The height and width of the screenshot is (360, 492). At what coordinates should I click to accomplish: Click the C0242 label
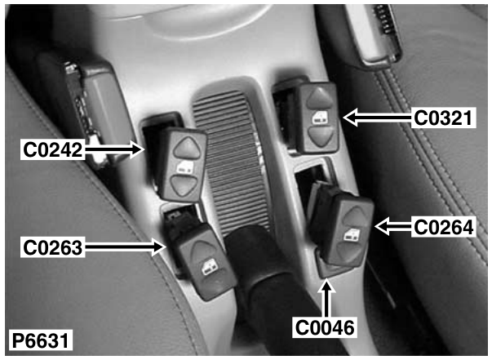point(53,150)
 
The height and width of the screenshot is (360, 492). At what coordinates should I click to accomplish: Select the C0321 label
point(443,118)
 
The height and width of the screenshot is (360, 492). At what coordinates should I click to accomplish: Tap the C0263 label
point(53,247)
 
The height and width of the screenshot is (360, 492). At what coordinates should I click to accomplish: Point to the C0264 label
point(444,227)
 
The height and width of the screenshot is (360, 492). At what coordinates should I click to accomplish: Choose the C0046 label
point(325,327)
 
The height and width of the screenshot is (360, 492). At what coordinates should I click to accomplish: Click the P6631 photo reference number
point(40,340)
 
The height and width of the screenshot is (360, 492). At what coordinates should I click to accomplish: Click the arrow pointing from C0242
point(114,149)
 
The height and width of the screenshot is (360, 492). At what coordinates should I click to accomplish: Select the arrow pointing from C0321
point(377,118)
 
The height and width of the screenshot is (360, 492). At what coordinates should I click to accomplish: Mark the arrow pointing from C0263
point(126,247)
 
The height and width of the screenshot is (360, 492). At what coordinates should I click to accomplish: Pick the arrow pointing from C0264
point(393,227)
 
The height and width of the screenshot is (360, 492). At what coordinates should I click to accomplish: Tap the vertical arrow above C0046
point(326,297)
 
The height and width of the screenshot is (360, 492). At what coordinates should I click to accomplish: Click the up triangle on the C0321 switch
point(320,97)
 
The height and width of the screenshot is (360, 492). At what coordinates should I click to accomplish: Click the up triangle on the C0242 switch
point(187,148)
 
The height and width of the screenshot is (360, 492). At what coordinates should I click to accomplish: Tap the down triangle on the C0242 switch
point(185,186)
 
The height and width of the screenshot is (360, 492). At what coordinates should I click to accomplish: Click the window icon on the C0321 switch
point(321,118)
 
